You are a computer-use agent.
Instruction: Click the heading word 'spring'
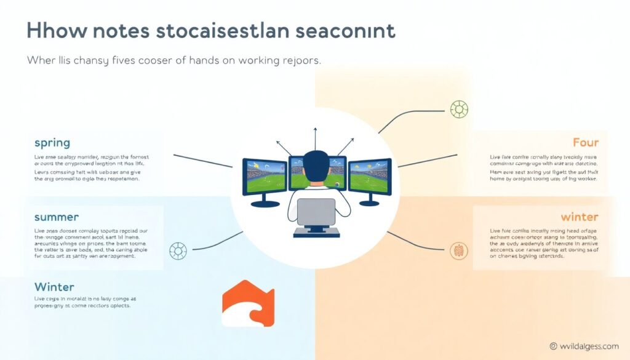point(52,143)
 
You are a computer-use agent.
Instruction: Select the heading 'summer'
point(56,217)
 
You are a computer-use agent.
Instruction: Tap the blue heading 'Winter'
point(54,287)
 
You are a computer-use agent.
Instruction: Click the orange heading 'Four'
point(585,143)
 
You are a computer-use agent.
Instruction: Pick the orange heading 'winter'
point(579,217)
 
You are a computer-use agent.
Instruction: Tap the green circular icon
point(459,110)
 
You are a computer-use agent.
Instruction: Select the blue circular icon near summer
point(178,250)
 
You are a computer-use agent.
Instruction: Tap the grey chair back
point(316,212)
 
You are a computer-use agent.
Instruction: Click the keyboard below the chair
point(316,233)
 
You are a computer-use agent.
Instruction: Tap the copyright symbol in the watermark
point(553,346)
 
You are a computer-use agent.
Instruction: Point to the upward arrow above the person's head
point(315,132)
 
